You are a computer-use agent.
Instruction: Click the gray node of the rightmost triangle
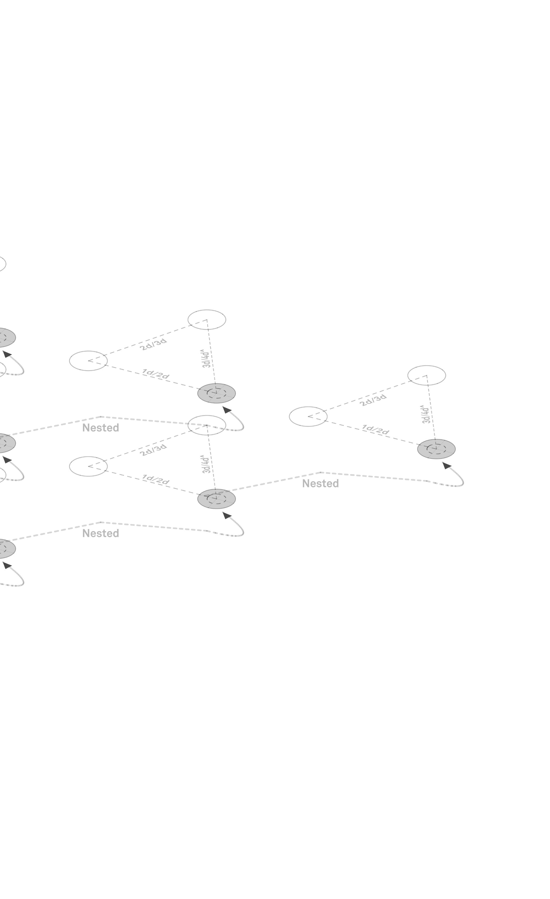(x=436, y=449)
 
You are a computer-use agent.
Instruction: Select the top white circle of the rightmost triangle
(x=426, y=375)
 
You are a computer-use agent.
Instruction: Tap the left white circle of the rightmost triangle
(x=308, y=416)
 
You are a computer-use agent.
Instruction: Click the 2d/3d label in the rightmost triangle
(x=373, y=400)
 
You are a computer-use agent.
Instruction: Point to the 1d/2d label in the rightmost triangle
(x=375, y=429)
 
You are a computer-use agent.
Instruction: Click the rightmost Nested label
(x=320, y=484)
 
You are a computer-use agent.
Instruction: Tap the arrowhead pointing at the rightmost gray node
(x=447, y=466)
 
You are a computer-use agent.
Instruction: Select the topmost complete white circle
(x=207, y=320)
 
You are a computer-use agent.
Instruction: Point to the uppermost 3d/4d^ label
(x=206, y=358)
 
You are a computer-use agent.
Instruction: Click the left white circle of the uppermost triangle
(x=88, y=361)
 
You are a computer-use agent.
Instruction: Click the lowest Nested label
(x=100, y=533)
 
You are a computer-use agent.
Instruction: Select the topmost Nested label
(x=100, y=428)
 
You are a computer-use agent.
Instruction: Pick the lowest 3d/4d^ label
(x=206, y=464)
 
